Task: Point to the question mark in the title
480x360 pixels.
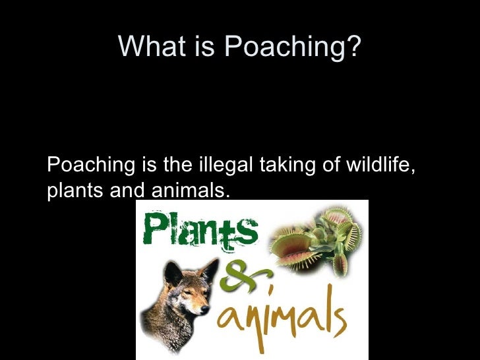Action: point(355,46)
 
